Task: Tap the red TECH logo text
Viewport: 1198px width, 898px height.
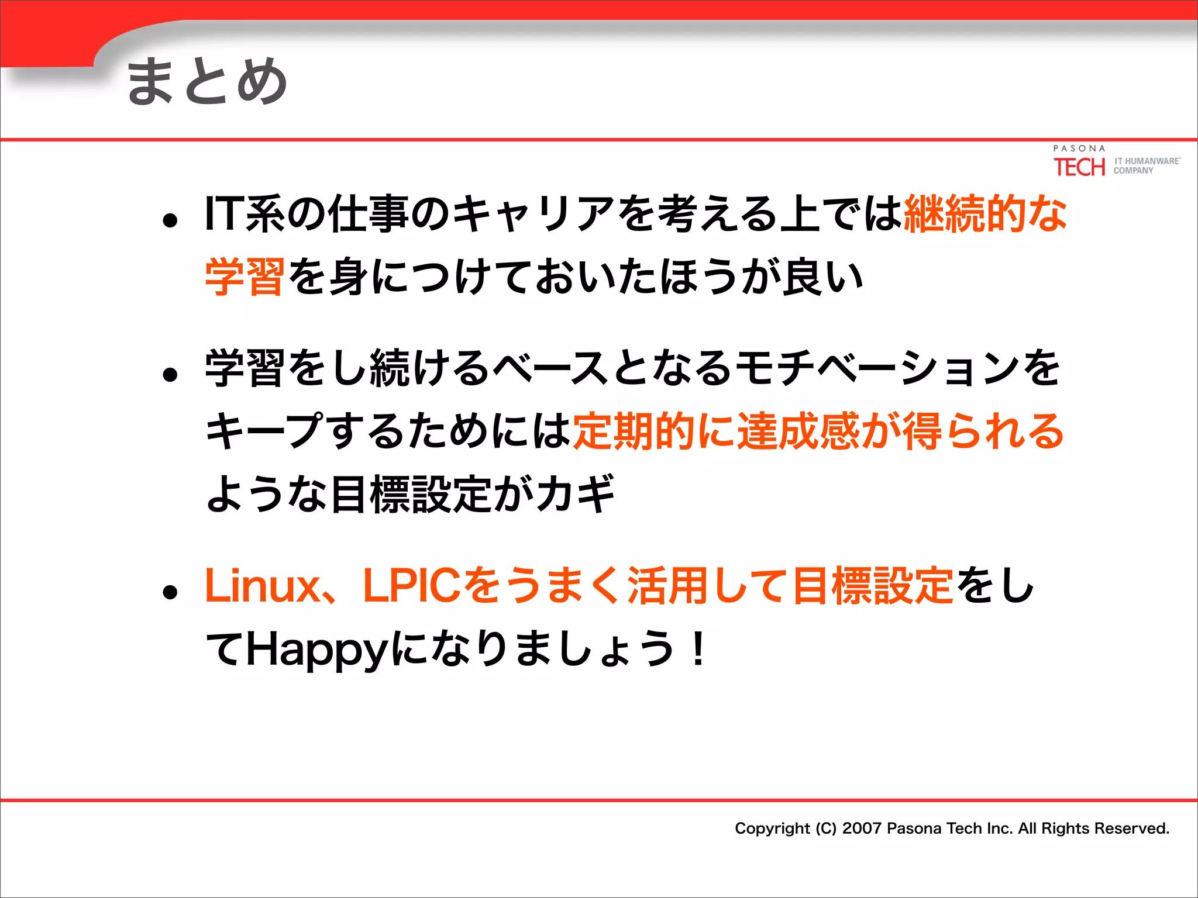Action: tap(1079, 167)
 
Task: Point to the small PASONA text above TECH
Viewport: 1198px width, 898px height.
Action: tap(1079, 148)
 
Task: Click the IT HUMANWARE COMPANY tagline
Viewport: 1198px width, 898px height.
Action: tap(1147, 165)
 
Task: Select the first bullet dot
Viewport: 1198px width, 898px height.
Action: tap(170, 220)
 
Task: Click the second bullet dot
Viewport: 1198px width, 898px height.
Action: tap(170, 375)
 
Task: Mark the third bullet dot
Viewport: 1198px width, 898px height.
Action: tap(170, 592)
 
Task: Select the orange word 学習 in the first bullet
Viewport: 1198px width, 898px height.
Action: tap(245, 276)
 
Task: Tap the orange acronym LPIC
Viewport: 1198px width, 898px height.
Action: tap(412, 586)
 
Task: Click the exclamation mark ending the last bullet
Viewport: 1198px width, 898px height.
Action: tap(698, 649)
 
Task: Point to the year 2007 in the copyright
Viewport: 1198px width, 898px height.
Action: tap(862, 828)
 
